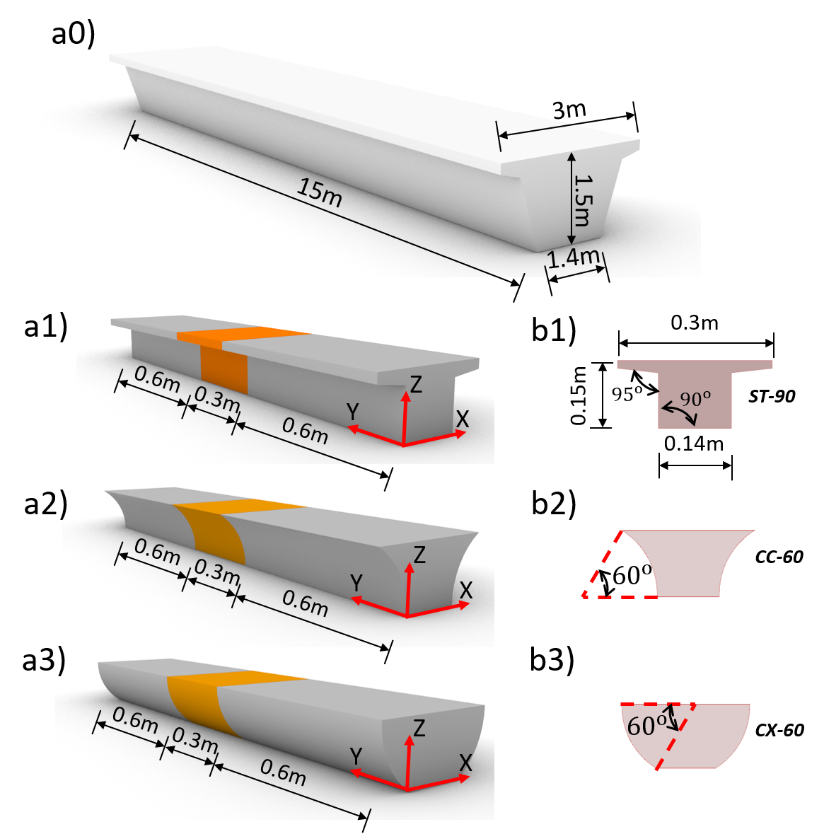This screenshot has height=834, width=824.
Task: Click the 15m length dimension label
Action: click(x=319, y=192)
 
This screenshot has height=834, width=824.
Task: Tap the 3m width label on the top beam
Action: click(x=569, y=110)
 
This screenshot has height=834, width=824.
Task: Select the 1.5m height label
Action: click(x=584, y=200)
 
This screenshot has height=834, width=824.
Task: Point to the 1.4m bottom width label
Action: click(x=574, y=258)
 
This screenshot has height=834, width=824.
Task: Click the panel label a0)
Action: click(x=74, y=34)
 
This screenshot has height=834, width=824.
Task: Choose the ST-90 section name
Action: click(x=772, y=396)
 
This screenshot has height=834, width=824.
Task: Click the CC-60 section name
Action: click(x=779, y=557)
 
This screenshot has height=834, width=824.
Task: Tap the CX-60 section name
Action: click(x=779, y=730)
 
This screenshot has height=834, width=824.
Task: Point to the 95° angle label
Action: click(x=627, y=394)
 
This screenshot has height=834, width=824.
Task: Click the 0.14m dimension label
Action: click(x=694, y=444)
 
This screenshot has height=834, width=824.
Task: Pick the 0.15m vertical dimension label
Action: click(x=578, y=395)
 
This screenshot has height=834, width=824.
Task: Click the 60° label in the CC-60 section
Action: click(x=632, y=575)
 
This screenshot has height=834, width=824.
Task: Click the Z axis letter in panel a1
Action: click(x=416, y=384)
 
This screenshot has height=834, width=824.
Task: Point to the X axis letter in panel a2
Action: click(x=466, y=591)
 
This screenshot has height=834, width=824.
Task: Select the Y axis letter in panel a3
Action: click(x=356, y=755)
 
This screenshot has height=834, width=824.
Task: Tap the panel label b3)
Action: click(x=552, y=661)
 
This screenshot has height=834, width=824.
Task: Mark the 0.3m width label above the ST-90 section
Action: click(x=695, y=323)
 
